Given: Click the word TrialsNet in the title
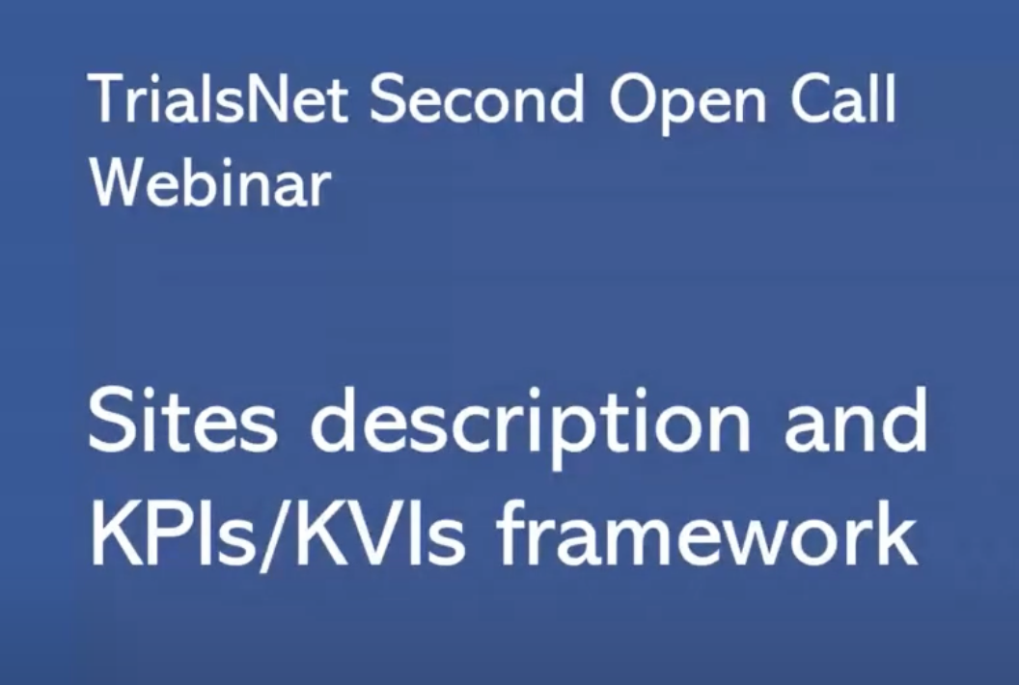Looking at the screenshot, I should (220, 99).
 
